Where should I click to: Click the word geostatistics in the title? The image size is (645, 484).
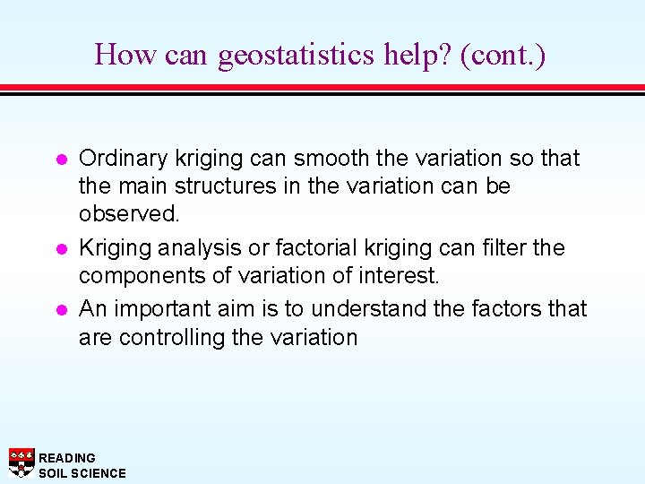[297, 56]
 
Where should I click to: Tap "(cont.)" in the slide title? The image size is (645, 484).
[503, 56]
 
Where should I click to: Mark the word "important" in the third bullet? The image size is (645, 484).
[166, 308]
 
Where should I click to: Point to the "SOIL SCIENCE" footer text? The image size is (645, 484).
[82, 472]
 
